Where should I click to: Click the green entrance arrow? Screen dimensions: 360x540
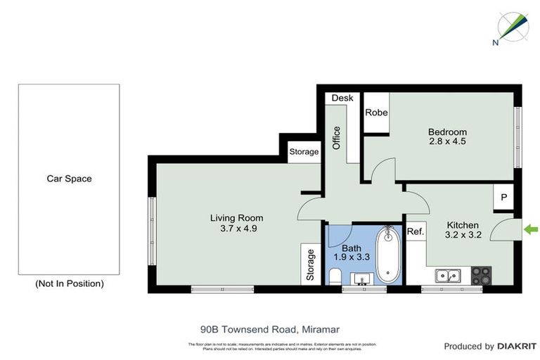click(532, 229)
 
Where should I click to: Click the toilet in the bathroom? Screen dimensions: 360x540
click(335, 276)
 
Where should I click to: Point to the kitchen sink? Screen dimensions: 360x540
click(446, 276)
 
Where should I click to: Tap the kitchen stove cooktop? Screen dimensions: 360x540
click(481, 275)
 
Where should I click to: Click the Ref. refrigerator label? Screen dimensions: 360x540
click(415, 232)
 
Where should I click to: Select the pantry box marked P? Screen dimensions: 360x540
click(503, 198)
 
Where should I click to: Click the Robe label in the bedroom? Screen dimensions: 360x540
click(375, 111)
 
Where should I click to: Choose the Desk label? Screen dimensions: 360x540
click(342, 98)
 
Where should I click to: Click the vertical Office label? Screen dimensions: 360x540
click(336, 136)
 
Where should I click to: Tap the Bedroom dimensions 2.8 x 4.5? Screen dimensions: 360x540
click(447, 141)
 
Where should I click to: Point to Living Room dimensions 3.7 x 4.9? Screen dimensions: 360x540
click(236, 228)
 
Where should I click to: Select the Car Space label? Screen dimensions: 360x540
click(69, 179)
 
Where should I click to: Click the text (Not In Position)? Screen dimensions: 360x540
click(69, 283)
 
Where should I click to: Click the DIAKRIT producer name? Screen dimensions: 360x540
click(517, 346)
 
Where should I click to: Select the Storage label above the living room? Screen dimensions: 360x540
click(304, 151)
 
